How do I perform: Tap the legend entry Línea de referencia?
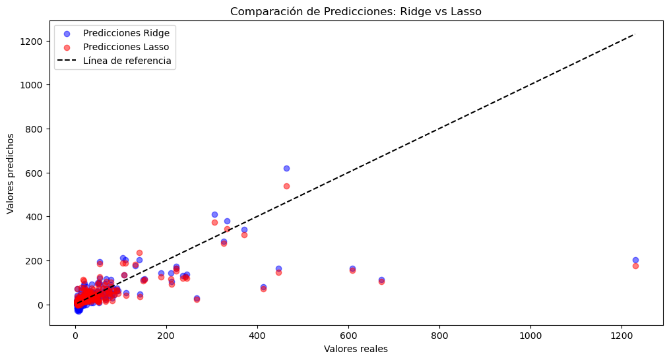pyautogui.click(x=132, y=61)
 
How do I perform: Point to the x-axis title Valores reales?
pyautogui.click(x=356, y=349)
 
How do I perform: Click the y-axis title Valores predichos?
pyautogui.click(x=11, y=173)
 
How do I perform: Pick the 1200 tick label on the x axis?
pyautogui.click(x=621, y=335)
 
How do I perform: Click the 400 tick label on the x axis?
pyautogui.click(x=257, y=335)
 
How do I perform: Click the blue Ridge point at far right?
pyautogui.click(x=635, y=260)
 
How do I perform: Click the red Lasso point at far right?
pyautogui.click(x=635, y=266)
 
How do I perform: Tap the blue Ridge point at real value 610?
pyautogui.click(x=352, y=268)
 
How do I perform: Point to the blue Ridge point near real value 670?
pyautogui.click(x=381, y=280)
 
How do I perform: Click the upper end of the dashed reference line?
pyautogui.click(x=635, y=34)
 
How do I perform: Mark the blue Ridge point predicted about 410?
pyautogui.click(x=214, y=214)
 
